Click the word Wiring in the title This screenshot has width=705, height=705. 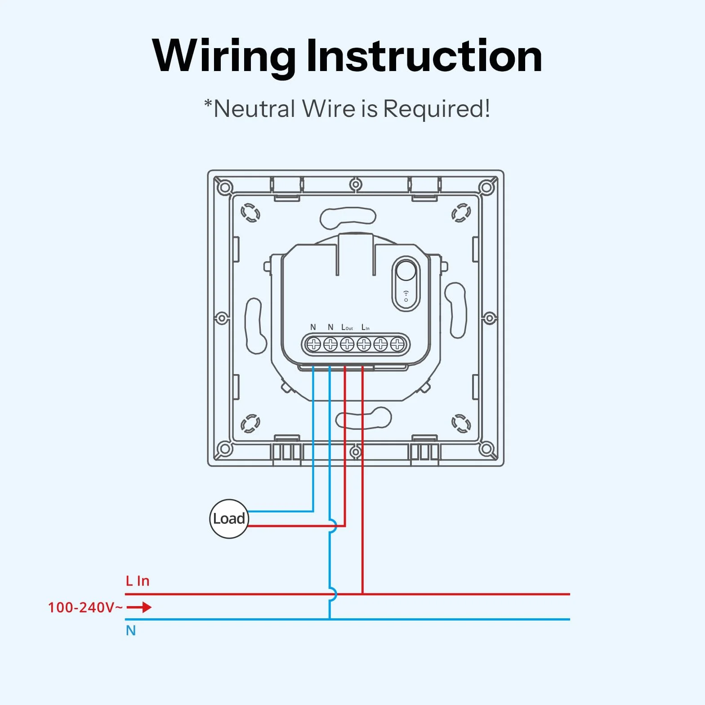(x=223, y=56)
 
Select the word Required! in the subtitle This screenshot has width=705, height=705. (x=437, y=109)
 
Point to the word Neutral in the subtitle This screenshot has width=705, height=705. (x=254, y=109)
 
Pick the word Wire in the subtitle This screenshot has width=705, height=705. (x=329, y=109)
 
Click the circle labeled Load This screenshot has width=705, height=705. (x=229, y=519)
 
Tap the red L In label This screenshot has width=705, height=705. (x=137, y=581)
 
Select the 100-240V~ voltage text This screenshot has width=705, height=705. (x=85, y=607)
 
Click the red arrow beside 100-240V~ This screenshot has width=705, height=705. (x=139, y=607)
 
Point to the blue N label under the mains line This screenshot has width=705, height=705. (x=131, y=630)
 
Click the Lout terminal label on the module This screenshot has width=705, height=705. (x=347, y=327)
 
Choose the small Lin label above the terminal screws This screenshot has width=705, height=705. (x=366, y=327)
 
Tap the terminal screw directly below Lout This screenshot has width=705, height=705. (x=347, y=344)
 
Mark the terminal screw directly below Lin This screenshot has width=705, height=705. (x=364, y=344)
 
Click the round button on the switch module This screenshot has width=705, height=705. (x=406, y=271)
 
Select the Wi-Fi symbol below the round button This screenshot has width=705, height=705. (x=406, y=296)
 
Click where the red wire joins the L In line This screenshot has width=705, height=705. (x=362, y=594)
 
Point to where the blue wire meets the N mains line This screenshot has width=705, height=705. (x=330, y=619)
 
